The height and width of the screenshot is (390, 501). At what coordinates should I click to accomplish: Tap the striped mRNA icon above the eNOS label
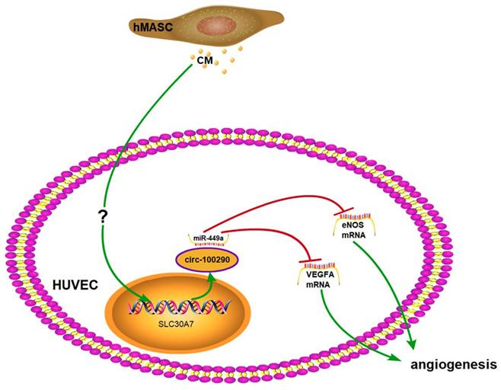pyautogui.click(x=355, y=216)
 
